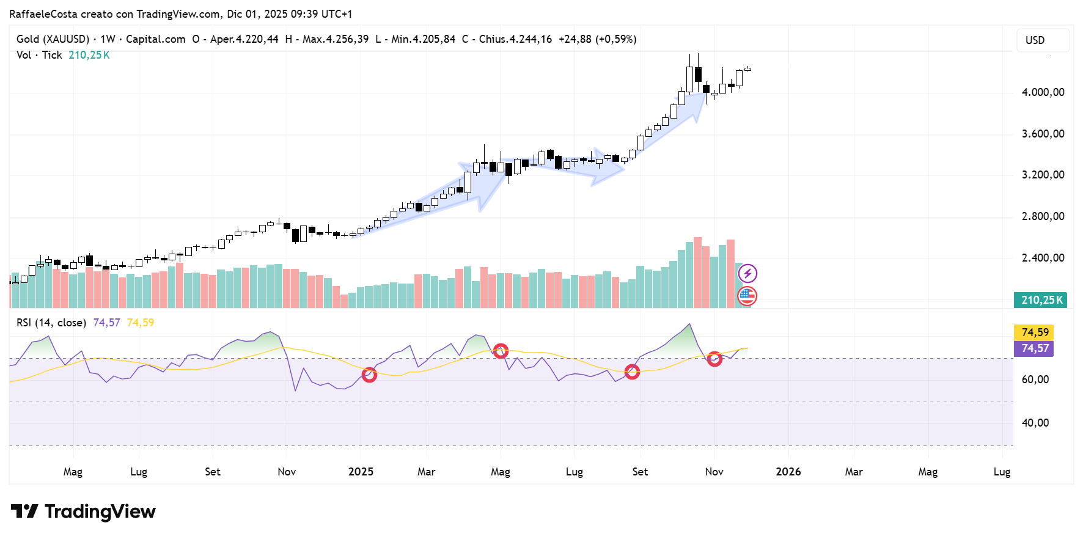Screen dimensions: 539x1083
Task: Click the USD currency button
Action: pos(1041,40)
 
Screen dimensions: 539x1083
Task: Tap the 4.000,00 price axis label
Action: pos(1043,92)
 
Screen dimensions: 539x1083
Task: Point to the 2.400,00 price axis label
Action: pos(1043,258)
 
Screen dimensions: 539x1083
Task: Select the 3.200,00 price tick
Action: pos(1043,175)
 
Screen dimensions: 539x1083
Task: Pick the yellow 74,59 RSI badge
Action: pos(1035,332)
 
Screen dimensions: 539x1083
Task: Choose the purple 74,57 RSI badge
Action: pos(1035,348)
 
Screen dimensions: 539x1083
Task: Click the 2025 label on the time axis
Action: pos(361,472)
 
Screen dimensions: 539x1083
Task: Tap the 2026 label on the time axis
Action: pos(788,472)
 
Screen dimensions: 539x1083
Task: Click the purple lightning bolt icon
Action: pos(747,273)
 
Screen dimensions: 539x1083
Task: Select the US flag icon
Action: pos(747,296)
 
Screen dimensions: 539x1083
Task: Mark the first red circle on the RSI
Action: pos(369,375)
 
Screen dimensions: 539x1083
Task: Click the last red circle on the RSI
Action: pos(714,359)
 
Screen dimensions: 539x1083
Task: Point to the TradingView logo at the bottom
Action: pos(83,512)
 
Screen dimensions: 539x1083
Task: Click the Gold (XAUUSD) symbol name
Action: pos(53,39)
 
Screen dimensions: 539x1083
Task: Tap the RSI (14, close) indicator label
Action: pos(51,323)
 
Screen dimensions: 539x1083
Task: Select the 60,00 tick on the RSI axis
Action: pos(1035,380)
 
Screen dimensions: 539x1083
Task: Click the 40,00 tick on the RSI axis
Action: pos(1035,423)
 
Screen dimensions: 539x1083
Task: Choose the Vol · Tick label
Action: pos(39,55)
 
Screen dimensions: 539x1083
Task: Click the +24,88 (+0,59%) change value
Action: pos(597,39)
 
